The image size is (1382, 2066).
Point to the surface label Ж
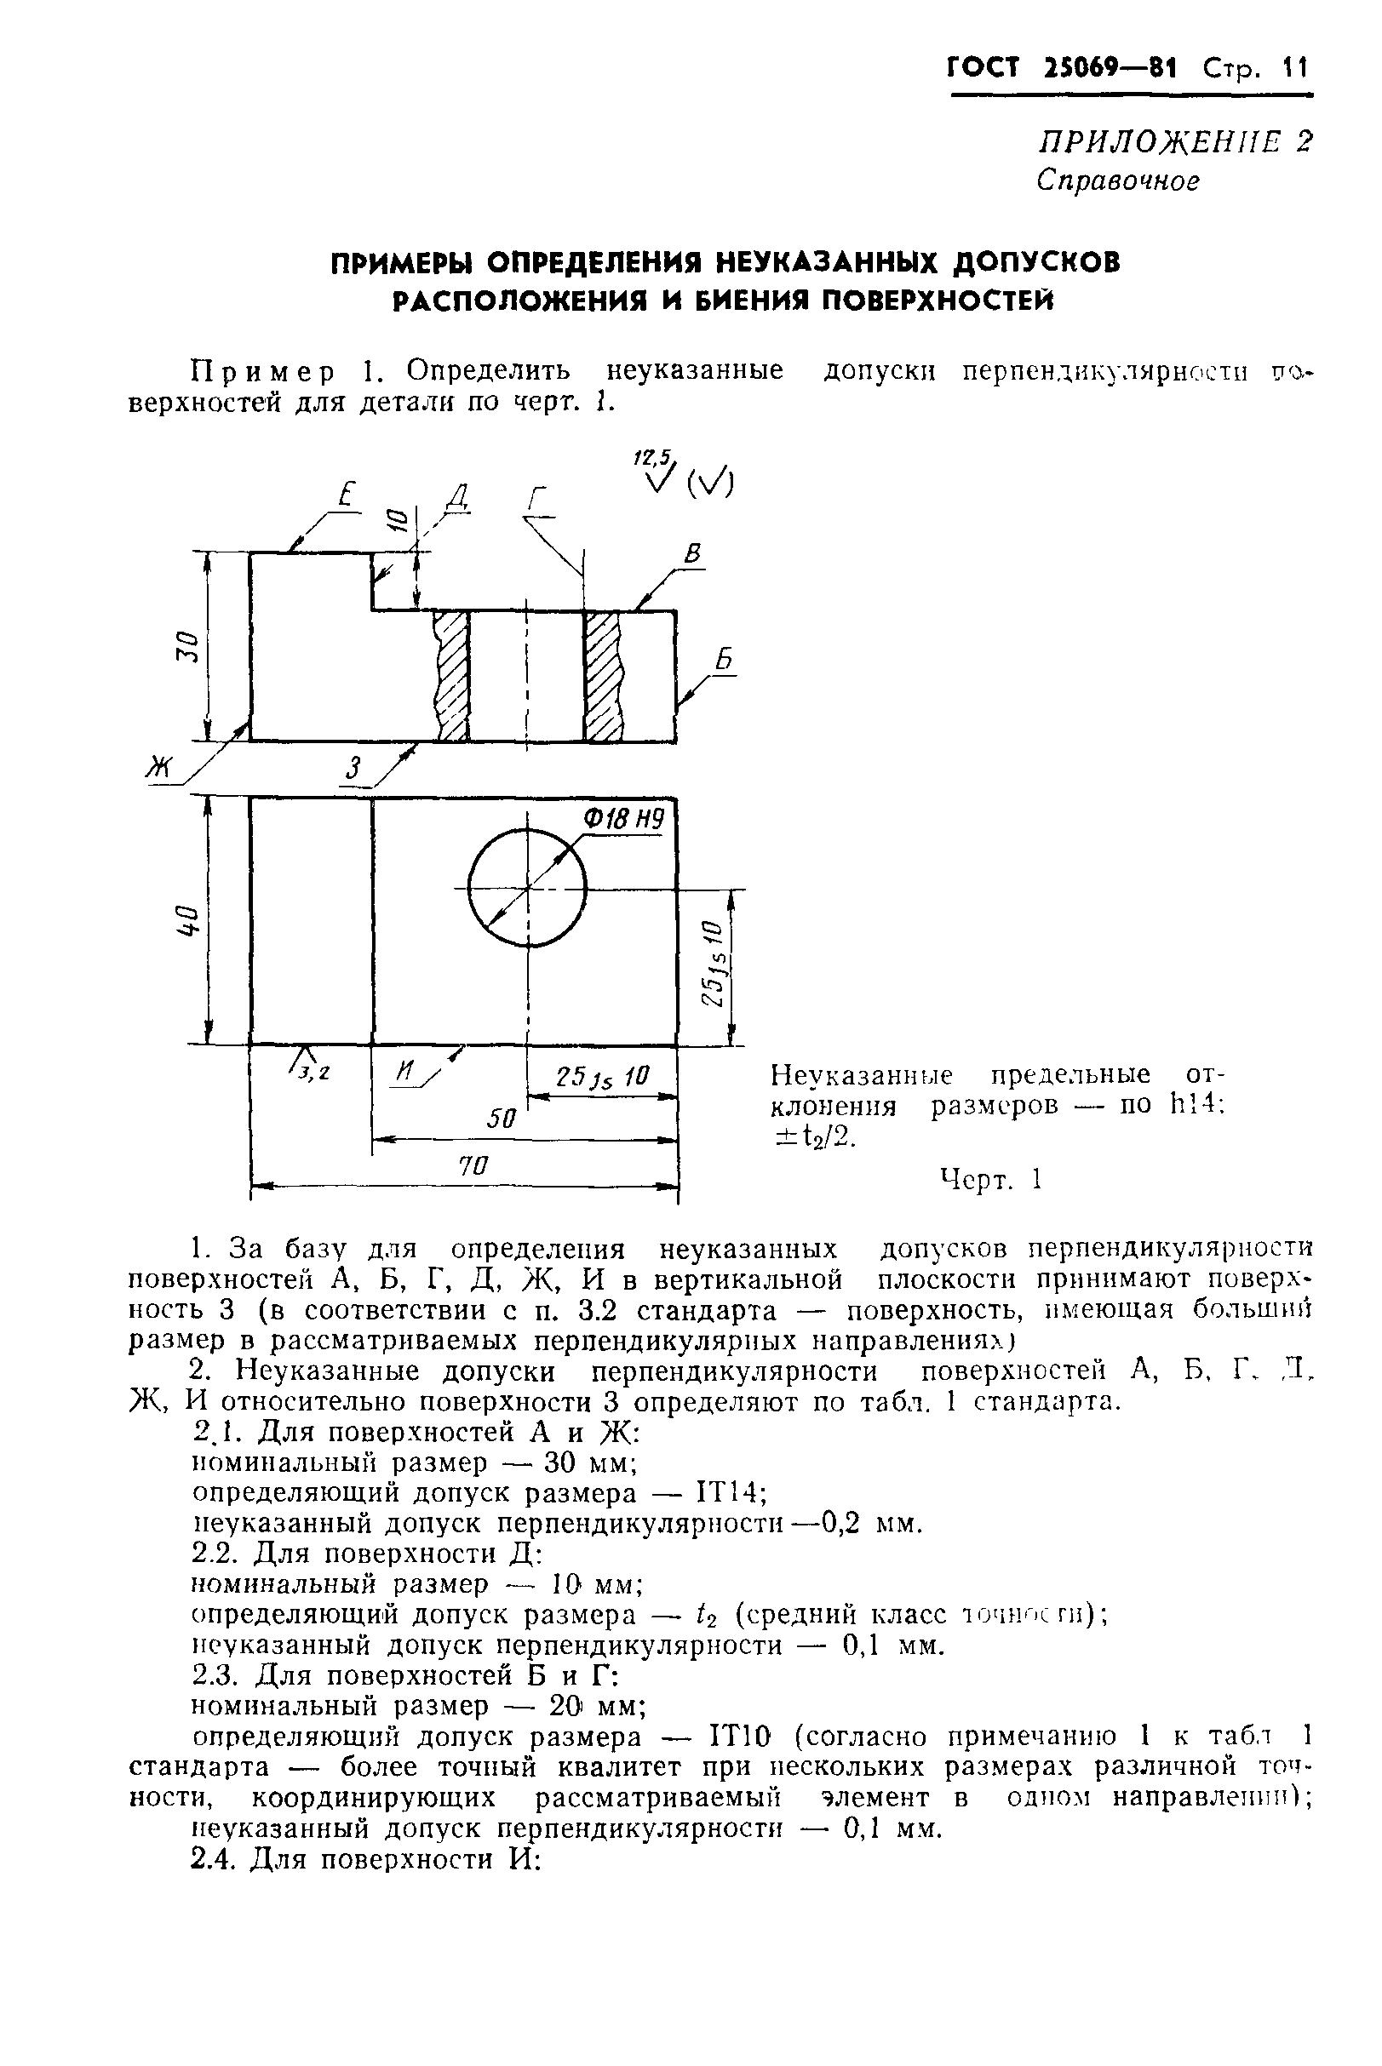point(160,770)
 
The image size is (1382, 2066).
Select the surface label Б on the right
point(725,661)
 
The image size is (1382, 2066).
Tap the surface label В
point(693,555)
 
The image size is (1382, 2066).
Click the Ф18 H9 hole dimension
point(622,821)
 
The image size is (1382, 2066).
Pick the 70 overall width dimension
point(473,1165)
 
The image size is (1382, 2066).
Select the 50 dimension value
point(502,1119)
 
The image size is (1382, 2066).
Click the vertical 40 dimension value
point(187,920)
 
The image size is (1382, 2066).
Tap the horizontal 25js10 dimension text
point(602,1077)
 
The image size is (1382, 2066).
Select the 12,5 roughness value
point(652,457)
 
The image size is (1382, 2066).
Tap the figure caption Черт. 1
point(990,1179)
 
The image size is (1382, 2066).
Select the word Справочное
point(1117,180)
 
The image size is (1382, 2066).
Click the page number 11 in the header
point(1296,68)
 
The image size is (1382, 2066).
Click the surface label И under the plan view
point(405,1072)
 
